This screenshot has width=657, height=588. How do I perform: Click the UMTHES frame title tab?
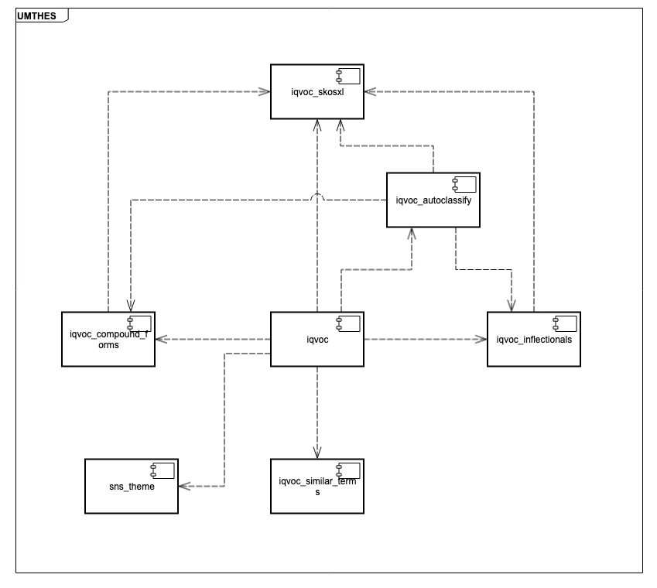coord(42,15)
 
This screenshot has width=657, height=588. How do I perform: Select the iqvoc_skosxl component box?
coord(317,92)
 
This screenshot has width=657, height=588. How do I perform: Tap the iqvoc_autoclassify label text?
coord(433,200)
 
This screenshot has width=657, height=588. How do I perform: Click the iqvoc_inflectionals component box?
coord(534,339)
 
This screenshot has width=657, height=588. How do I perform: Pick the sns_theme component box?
coord(132,486)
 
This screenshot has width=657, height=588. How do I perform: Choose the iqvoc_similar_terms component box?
coord(317,486)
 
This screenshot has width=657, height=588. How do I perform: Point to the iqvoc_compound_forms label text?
coord(108,340)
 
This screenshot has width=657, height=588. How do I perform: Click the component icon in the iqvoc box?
coord(348,323)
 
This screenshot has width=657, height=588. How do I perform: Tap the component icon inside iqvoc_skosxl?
coord(348,77)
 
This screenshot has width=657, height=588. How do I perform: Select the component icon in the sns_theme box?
coord(163,470)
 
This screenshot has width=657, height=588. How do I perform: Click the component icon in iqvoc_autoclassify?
coord(464,185)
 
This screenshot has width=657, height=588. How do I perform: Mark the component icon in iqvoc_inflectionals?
coord(565,323)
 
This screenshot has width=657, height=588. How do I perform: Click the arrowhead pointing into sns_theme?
coord(184,486)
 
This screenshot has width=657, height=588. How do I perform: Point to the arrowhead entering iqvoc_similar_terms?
coord(317,453)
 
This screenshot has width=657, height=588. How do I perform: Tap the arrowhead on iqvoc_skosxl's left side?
coord(265,92)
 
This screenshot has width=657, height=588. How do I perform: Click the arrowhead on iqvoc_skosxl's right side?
coord(371,92)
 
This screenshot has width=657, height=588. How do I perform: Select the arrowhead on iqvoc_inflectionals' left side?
coord(481,339)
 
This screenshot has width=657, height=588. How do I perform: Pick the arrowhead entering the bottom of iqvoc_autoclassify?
coord(412,234)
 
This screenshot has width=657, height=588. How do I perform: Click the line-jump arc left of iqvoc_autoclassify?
coord(317,196)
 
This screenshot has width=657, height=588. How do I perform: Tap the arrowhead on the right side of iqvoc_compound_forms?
coord(161,339)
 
